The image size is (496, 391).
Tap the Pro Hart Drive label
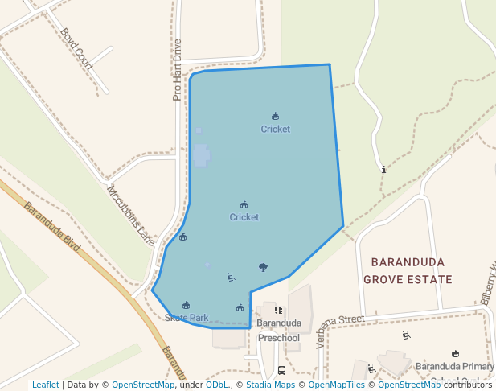click(x=178, y=70)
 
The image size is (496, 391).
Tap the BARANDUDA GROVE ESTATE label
click(x=408, y=271)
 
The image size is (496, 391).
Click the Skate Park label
click(x=187, y=318)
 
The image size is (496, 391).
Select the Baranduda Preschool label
click(x=278, y=331)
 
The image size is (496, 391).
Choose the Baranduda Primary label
click(x=454, y=366)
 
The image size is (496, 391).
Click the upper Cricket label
click(x=275, y=129)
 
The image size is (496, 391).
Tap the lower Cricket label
click(x=244, y=217)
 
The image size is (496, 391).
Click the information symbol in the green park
click(x=384, y=170)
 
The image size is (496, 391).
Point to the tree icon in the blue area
click(x=263, y=267)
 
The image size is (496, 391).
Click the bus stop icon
click(x=281, y=370)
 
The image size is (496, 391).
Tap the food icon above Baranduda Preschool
click(x=278, y=310)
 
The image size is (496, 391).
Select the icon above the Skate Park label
click(x=187, y=305)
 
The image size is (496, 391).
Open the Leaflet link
click(x=45, y=385)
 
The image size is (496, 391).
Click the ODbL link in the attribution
click(x=217, y=385)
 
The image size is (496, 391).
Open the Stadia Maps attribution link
click(x=269, y=385)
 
